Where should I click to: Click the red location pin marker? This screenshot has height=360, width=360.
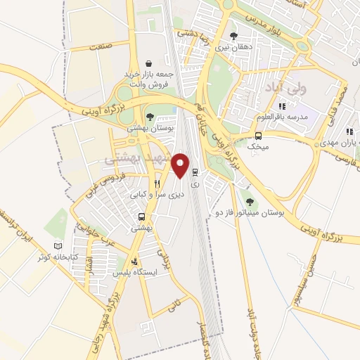[x=182, y=166]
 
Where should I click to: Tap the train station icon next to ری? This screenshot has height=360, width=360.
[x=195, y=171]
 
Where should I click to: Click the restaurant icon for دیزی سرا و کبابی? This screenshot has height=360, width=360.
[x=157, y=181]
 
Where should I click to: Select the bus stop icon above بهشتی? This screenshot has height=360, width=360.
[x=142, y=217]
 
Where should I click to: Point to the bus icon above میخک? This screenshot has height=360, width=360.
[x=258, y=136]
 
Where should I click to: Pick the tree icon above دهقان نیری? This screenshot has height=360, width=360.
[x=233, y=35]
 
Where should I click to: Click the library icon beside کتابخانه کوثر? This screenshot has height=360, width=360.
[x=58, y=246]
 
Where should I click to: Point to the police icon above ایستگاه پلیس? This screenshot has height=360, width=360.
[x=126, y=261]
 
